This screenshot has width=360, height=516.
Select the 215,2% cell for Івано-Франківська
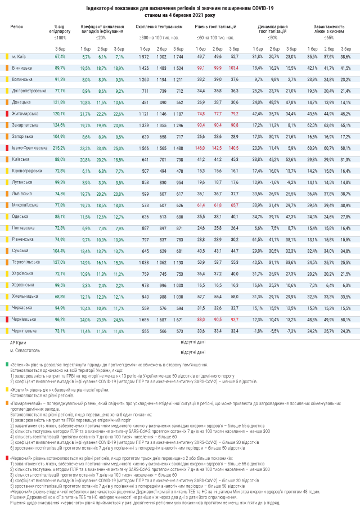tap(60, 148)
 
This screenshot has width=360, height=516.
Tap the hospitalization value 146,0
tap(200, 148)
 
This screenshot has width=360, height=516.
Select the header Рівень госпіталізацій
tap(215, 26)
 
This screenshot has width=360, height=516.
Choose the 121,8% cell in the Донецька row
tap(60, 102)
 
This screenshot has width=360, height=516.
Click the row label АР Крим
tap(18, 342)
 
